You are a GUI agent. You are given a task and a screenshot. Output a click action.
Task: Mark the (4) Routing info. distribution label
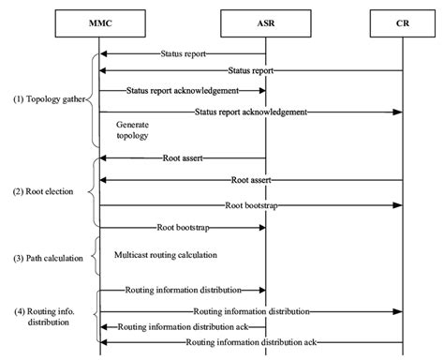pyautogui.click(x=43, y=315)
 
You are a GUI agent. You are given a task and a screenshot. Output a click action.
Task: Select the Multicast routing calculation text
pyautogui.click(x=166, y=254)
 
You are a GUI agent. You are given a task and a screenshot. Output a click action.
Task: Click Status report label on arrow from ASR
pyautogui.click(x=184, y=54)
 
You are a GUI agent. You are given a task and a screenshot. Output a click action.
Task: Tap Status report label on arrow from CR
pyautogui.click(x=252, y=70)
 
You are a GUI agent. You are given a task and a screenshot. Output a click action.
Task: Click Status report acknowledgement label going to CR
pyautogui.click(x=252, y=111)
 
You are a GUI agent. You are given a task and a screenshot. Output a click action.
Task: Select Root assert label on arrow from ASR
pyautogui.click(x=183, y=158)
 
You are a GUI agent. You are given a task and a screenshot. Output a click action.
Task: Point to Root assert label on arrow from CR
pyautogui.click(x=251, y=178)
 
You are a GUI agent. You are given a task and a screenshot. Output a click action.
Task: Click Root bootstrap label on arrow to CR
pyautogui.click(x=251, y=203)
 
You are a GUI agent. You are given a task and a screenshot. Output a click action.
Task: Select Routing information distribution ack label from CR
pyautogui.click(x=250, y=343)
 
